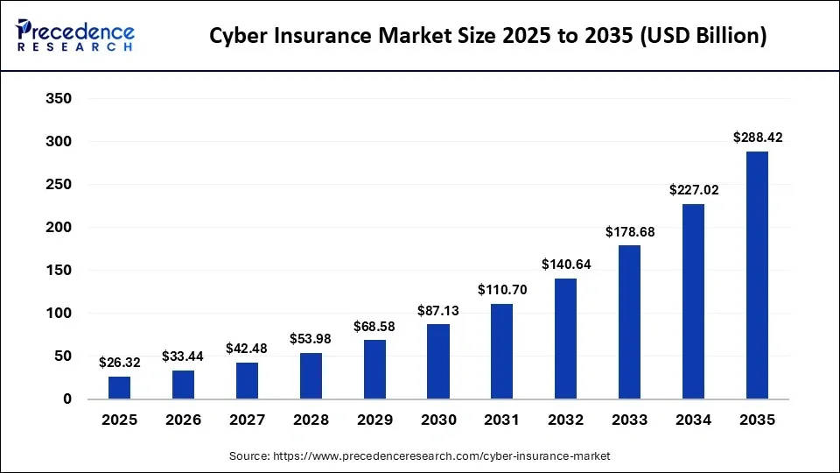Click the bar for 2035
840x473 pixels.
point(757,275)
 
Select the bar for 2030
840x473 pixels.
point(437,361)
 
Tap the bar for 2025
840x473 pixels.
point(119,387)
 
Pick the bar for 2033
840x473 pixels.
point(629,321)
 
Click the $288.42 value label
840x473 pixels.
point(757,138)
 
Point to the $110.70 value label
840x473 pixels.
point(501,289)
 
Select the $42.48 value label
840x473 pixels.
point(247,348)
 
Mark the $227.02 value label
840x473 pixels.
point(693,189)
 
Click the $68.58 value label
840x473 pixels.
point(374,326)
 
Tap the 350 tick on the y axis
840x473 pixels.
point(58,99)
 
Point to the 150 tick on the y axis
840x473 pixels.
point(58,271)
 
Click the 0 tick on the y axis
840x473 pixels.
point(66,399)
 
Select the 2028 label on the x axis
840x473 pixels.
point(311,420)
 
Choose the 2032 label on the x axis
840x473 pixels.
point(565,420)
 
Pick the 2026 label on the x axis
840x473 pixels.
point(183,420)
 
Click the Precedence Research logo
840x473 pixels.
point(75,36)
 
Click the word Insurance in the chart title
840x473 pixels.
point(336,36)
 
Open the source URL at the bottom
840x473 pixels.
point(441,456)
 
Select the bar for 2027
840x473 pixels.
point(247,381)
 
